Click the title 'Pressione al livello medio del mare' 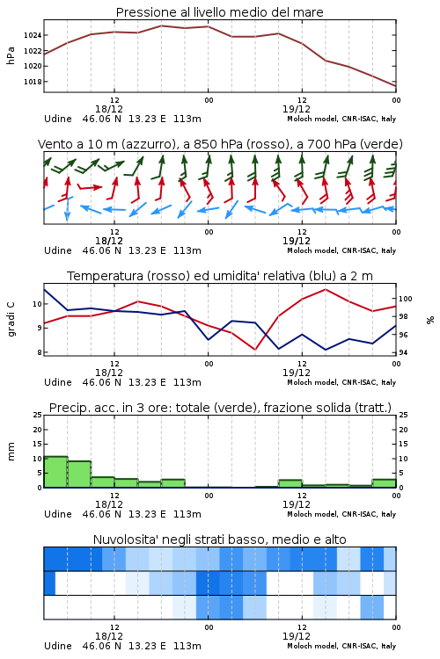219,12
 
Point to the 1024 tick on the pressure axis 33,35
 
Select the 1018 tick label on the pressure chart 33,82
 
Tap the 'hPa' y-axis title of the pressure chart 11,55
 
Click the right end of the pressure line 396,86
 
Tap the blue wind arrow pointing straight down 67,209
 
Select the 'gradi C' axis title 11,320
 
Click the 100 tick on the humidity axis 405,299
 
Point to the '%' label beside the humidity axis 430,320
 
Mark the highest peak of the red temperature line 325,289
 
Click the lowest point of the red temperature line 254,349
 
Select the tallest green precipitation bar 55,472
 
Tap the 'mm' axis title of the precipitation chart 11,451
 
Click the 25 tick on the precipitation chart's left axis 38,415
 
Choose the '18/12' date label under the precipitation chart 109,504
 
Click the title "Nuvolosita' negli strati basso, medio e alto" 219,540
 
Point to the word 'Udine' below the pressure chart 58,119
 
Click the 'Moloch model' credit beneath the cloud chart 312,646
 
